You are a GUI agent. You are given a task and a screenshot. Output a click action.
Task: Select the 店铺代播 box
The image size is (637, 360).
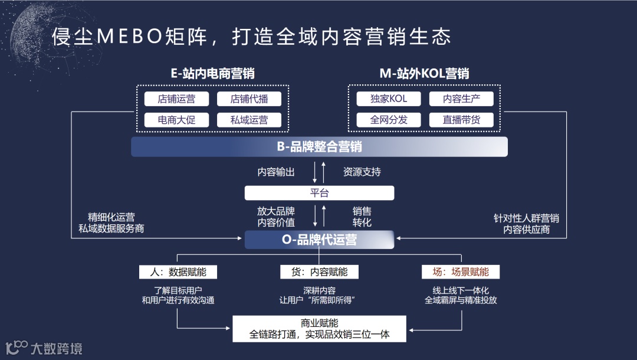coord(249,99)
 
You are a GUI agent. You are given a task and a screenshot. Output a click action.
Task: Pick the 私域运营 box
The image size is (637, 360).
coord(249,120)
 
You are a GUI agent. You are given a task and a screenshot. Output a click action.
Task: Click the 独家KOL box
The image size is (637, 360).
coord(389,99)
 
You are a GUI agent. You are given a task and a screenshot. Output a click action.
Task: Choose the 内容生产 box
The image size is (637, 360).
coord(462,99)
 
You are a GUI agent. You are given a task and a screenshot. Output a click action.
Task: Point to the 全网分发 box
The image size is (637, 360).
coord(389,120)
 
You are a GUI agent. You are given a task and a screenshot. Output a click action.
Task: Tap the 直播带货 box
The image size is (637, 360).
coord(462,120)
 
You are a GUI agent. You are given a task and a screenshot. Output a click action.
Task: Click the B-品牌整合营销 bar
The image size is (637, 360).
coord(319,147)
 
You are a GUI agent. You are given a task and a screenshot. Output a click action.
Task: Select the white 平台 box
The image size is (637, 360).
coord(319,193)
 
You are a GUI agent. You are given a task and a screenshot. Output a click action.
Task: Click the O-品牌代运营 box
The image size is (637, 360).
coord(319,240)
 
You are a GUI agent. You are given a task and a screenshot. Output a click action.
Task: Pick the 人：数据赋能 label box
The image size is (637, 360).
coord(178,271)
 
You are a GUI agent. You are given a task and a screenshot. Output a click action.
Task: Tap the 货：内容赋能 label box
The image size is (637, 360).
coord(319,271)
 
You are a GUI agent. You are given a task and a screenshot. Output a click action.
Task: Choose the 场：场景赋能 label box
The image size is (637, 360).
coord(461,271)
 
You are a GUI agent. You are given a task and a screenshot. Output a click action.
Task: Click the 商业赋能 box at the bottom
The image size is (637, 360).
coord(319,329)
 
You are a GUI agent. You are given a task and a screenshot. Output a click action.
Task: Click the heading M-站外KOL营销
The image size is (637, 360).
coord(424,74)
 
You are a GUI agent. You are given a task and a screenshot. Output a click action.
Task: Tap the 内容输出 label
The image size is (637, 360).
coord(276,172)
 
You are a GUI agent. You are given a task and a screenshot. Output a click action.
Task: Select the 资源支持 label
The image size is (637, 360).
coord(362,172)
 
